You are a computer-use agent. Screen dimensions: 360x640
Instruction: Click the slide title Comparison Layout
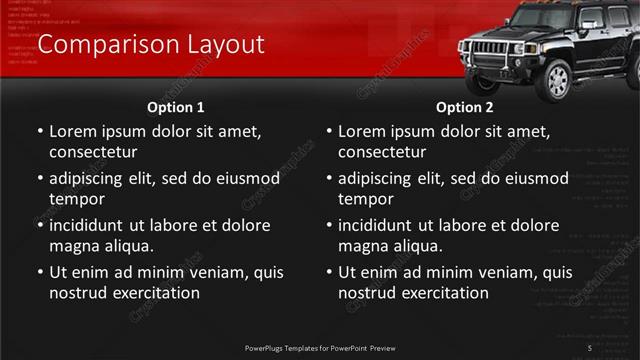(x=150, y=45)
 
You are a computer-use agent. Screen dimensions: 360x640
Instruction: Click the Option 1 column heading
(x=176, y=107)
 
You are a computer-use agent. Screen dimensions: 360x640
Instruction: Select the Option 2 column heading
(x=464, y=107)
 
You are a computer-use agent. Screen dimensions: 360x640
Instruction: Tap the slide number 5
(x=590, y=347)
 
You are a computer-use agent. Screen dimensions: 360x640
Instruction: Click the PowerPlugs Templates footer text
(x=320, y=347)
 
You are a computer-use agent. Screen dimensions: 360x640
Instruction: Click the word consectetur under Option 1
(x=93, y=152)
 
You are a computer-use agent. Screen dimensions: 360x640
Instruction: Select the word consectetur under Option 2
(x=382, y=152)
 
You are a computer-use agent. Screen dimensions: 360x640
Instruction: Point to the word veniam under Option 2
(x=489, y=272)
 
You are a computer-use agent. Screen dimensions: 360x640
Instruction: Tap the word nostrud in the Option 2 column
(x=367, y=293)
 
